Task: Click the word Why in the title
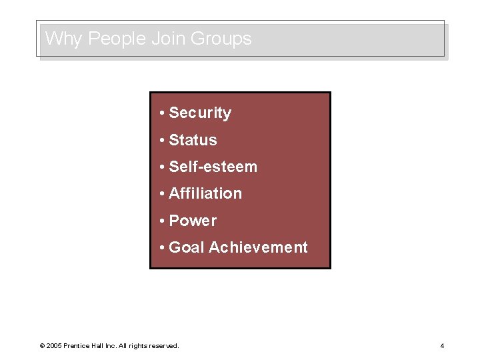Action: point(63,39)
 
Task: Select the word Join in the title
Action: point(168,39)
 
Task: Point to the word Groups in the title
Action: point(221,39)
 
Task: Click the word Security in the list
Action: point(200,113)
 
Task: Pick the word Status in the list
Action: point(193,140)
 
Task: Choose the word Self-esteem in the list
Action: point(213,167)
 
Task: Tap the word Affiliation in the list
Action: point(205,193)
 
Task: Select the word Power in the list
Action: point(193,221)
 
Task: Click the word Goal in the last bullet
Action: point(187,247)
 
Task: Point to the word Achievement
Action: point(258,247)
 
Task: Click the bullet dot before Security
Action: point(162,113)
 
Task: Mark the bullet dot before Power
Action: point(162,221)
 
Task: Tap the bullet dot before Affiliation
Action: point(162,194)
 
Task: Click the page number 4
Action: point(442,346)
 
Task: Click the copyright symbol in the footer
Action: point(42,346)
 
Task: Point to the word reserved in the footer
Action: point(163,346)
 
